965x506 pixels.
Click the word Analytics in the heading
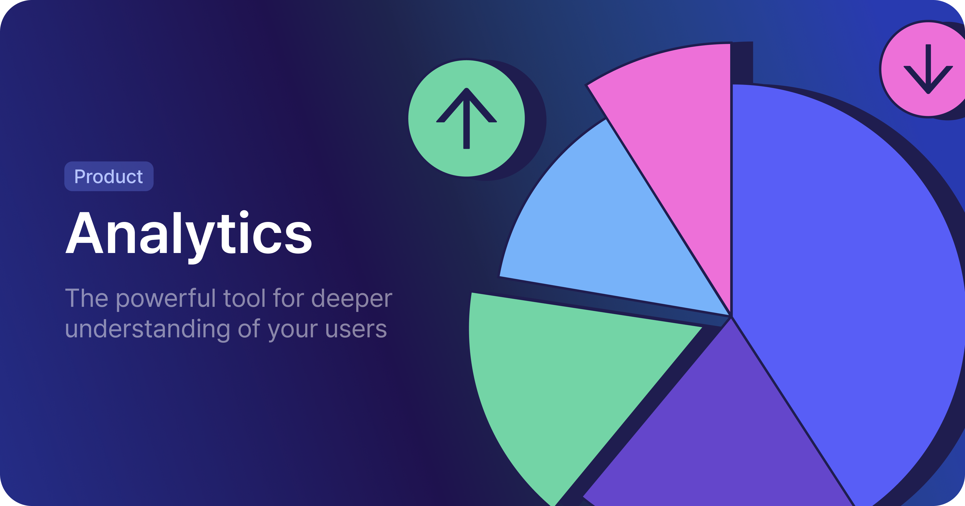[x=189, y=236]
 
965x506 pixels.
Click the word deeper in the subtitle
[x=352, y=299]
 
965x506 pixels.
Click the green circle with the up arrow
[x=466, y=118]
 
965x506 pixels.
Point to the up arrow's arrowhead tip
[x=466, y=89]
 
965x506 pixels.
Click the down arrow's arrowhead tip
[x=928, y=93]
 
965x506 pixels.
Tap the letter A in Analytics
[x=84, y=233]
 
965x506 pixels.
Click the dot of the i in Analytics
[x=244, y=214]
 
